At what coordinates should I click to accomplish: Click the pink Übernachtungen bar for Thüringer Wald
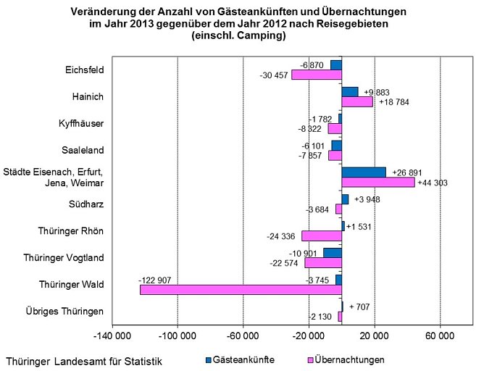click(241, 290)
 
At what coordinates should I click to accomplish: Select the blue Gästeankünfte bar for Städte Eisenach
click(363, 172)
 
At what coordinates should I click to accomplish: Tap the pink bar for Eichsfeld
click(316, 75)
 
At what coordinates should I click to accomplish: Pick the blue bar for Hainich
click(350, 91)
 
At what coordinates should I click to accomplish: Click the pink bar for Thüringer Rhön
click(321, 235)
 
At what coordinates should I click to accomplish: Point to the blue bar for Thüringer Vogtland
click(332, 252)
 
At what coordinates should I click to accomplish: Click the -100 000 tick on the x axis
click(178, 337)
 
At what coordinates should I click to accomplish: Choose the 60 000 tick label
click(440, 337)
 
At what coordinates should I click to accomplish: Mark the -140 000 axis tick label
click(112, 337)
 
